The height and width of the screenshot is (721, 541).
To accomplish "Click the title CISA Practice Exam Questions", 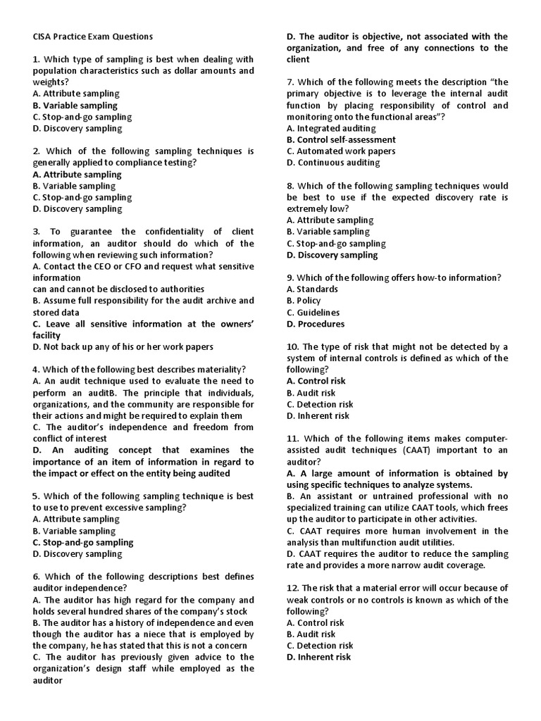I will click(92, 37).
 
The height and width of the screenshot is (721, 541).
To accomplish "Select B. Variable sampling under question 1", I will click(75, 106).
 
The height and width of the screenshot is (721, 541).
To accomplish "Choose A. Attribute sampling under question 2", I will click(77, 175).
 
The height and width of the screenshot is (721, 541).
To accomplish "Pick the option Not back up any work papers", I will click(123, 346).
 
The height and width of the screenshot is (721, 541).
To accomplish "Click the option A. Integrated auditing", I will click(331, 128).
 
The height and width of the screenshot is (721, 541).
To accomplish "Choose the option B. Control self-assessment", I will click(341, 139).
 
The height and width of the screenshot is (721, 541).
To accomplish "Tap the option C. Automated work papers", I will click(341, 151).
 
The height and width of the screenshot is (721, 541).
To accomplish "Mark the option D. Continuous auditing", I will click(333, 163).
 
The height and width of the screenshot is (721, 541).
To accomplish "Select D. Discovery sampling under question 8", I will click(332, 255).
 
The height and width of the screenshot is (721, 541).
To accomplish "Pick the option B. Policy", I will click(304, 301).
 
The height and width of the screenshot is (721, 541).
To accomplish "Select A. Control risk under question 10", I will click(316, 382).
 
